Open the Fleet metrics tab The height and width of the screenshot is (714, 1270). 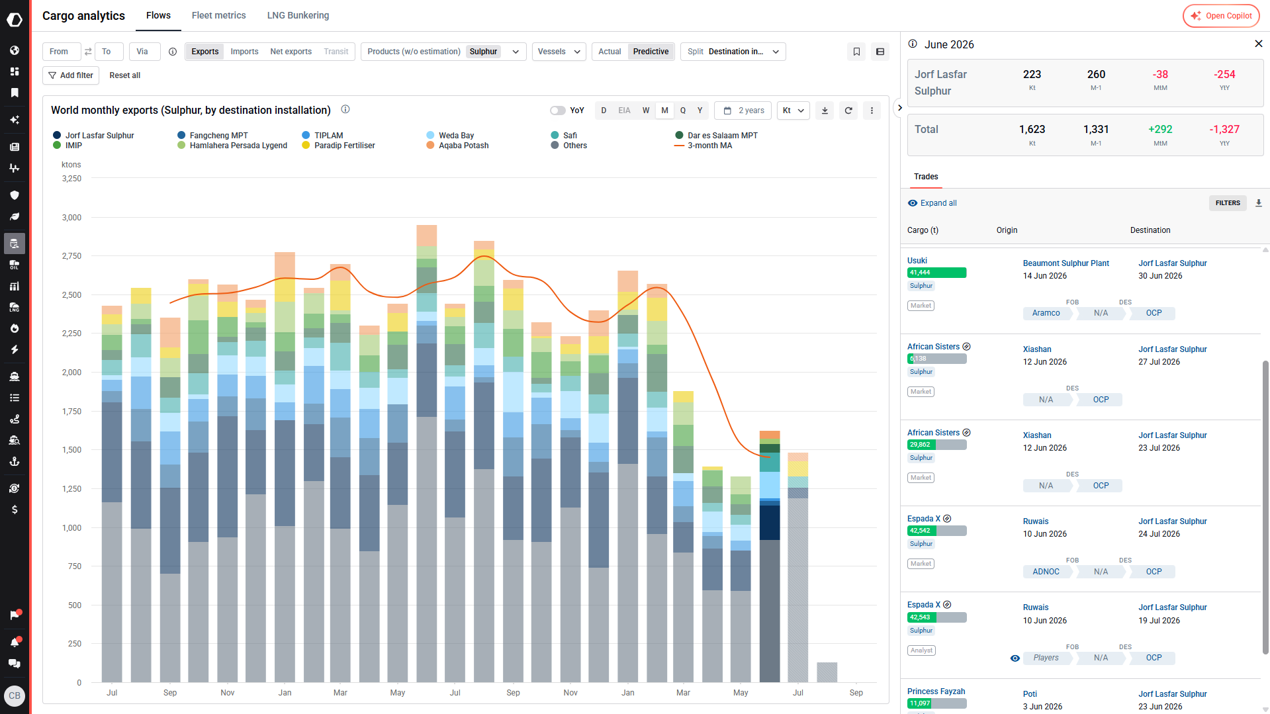(218, 15)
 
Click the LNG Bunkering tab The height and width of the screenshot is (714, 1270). (298, 15)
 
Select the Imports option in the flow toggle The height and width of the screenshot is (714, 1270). (244, 52)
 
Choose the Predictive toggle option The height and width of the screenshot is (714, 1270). (651, 52)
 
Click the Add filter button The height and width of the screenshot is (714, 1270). (71, 75)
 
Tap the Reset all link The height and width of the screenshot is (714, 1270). (124, 75)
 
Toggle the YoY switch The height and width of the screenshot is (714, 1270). (558, 111)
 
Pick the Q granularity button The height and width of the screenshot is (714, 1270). (683, 111)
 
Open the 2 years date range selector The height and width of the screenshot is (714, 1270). (745, 111)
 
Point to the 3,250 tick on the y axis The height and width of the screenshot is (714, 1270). (71, 179)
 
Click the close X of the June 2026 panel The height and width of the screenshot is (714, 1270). (1259, 44)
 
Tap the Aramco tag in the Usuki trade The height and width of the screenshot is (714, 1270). (1046, 313)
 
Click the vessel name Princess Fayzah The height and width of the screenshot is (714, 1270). (936, 692)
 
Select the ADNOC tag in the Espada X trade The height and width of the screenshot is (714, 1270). (1046, 572)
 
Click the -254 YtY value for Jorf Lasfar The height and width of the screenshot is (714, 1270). (1224, 75)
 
